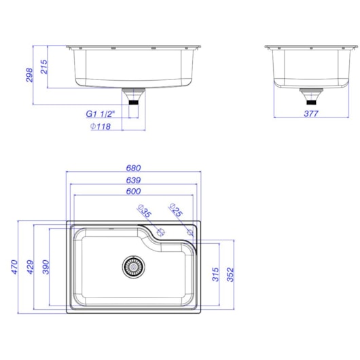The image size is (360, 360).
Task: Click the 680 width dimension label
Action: click(134, 168)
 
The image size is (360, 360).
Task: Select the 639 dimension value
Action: click(134, 180)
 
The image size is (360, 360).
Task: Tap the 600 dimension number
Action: click(134, 192)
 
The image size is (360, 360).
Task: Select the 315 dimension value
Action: click(215, 276)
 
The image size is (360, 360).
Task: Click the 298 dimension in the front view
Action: click(29, 75)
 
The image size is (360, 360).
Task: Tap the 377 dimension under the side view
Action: click(310, 113)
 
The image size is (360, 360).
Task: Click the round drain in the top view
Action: click(133, 266)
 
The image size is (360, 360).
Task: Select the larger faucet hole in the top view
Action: click(162, 233)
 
